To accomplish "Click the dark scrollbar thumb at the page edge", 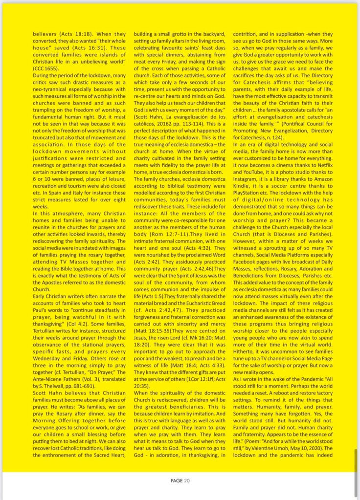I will pos(356,470).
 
